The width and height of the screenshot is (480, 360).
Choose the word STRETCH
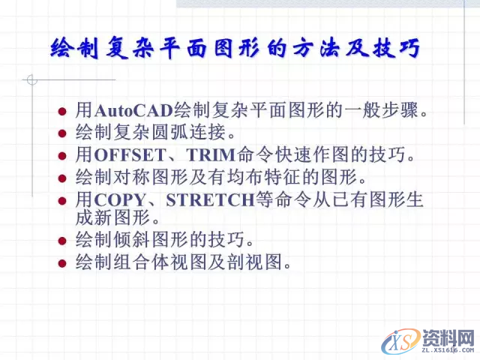point(206,201)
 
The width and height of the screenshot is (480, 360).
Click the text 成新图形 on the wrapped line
point(113,218)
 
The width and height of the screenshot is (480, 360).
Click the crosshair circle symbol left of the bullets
point(31,79)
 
